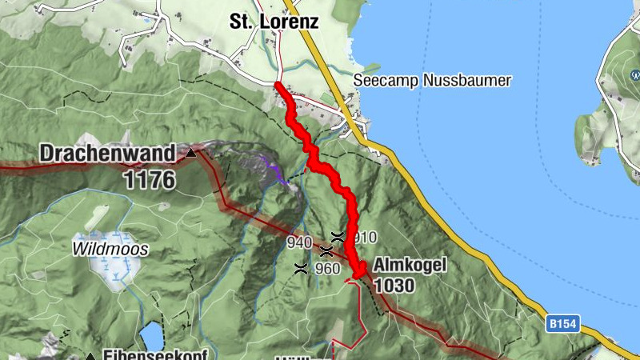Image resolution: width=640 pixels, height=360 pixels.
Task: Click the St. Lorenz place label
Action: (x=274, y=22)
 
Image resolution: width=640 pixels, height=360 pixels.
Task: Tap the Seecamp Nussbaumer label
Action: (x=432, y=81)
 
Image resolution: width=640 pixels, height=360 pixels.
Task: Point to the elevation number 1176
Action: (x=149, y=179)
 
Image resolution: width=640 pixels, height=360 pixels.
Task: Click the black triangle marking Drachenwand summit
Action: (x=191, y=152)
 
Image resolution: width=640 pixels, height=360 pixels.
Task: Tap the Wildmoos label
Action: (x=110, y=249)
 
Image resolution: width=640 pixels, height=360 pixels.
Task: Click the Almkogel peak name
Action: (x=409, y=266)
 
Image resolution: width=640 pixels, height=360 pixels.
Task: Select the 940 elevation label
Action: (x=299, y=242)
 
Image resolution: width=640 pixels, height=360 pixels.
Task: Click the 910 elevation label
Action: (x=364, y=237)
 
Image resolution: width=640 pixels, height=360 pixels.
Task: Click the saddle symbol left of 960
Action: (x=300, y=269)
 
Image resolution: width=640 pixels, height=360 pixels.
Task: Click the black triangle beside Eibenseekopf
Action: (x=91, y=356)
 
